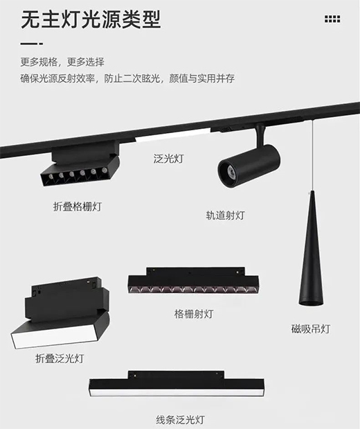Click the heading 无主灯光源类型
(91, 19)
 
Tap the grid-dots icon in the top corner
(332, 19)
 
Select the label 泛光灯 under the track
(168, 159)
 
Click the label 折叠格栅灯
(78, 207)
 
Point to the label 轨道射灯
(225, 216)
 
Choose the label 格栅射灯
(194, 314)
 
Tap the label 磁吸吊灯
(311, 329)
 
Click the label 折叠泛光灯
(60, 358)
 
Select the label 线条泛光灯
(181, 420)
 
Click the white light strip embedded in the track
(173, 136)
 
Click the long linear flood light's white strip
(177, 392)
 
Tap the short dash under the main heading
(32, 44)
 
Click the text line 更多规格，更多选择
(62, 62)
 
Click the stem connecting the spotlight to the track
(260, 135)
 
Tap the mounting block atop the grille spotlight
(195, 272)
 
